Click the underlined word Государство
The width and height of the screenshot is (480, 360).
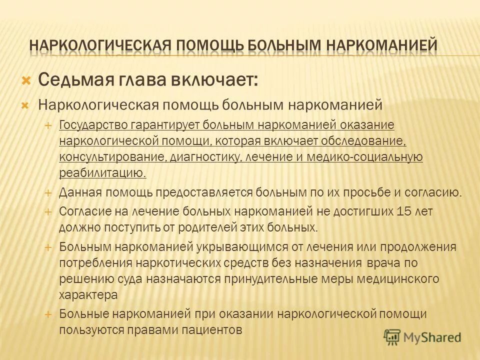(x=94, y=124)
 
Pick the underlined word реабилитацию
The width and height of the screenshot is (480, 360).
(x=102, y=173)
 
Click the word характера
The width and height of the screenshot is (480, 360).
(x=88, y=295)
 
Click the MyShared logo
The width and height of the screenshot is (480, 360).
(x=422, y=336)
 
